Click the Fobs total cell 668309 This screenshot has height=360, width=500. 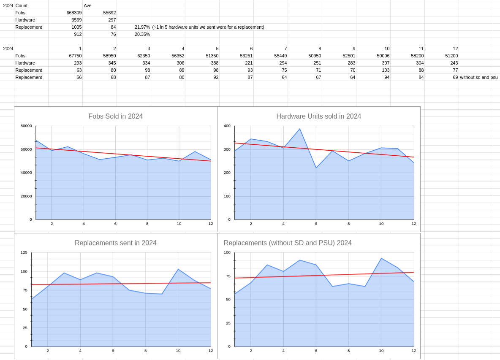[x=74, y=13]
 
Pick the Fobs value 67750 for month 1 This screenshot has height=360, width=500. [x=74, y=56]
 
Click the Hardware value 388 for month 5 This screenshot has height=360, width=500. [x=212, y=63]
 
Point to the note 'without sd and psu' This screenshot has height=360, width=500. [x=478, y=77]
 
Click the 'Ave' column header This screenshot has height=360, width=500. [x=88, y=5]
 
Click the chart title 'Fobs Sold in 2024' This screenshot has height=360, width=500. [x=115, y=116]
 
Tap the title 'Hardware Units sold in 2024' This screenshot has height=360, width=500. [x=318, y=116]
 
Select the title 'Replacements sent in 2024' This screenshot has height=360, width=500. [x=115, y=243]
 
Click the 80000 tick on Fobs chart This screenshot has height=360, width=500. [x=26, y=126]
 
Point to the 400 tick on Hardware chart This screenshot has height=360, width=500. [x=227, y=126]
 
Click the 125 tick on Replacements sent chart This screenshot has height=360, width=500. [x=24, y=252]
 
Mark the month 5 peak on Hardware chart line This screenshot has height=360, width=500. [x=300, y=129]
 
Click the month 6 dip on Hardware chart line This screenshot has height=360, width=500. [x=316, y=168]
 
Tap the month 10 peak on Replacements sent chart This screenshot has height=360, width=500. [x=178, y=269]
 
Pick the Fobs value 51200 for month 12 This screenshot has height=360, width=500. [x=451, y=56]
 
